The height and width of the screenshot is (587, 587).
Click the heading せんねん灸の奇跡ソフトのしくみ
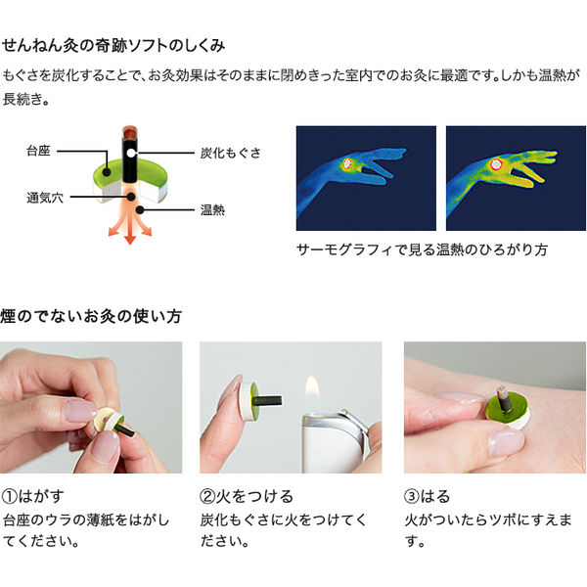[x=114, y=45]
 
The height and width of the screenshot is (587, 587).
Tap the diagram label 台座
[x=38, y=152]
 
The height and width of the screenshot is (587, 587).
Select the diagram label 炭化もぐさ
[x=231, y=154]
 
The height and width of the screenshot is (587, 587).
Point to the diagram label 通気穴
[x=44, y=197]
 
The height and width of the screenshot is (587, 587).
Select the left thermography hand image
[x=366, y=178]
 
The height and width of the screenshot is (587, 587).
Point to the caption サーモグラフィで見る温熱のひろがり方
[x=422, y=250]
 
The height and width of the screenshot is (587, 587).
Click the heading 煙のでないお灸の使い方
[x=91, y=316]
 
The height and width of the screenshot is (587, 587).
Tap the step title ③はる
[x=431, y=495]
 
